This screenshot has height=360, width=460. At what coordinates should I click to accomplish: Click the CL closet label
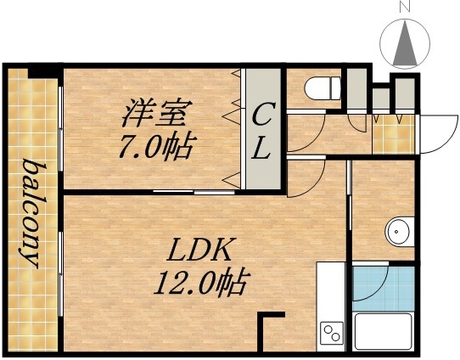[x=262, y=132]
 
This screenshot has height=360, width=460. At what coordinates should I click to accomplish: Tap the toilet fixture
[x=322, y=87]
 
